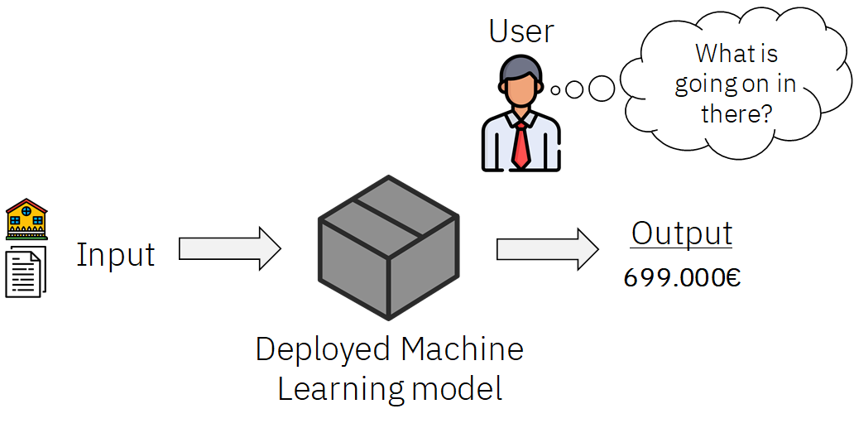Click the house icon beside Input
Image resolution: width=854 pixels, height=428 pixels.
tap(26, 219)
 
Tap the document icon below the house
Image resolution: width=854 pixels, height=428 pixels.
tap(26, 272)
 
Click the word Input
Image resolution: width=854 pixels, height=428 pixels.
tap(116, 254)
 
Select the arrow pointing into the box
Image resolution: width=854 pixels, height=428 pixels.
tap(230, 249)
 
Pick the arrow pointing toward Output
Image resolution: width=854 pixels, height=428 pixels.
tap(547, 249)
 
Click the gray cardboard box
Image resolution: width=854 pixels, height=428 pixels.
tap(388, 248)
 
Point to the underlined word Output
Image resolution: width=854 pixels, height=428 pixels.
tap(681, 233)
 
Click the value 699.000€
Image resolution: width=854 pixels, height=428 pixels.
tap(682, 277)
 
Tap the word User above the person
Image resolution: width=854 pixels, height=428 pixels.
tap(521, 31)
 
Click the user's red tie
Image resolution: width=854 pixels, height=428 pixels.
tap(521, 146)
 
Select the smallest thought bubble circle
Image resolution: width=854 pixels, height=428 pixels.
tap(555, 90)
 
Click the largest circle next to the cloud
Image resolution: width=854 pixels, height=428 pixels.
tap(602, 89)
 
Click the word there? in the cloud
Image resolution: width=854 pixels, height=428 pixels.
tap(736, 113)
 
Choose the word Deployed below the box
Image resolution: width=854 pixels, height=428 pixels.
tap(324, 350)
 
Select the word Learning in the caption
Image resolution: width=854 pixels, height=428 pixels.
tap(341, 390)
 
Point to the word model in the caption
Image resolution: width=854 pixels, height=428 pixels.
tap(457, 389)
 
